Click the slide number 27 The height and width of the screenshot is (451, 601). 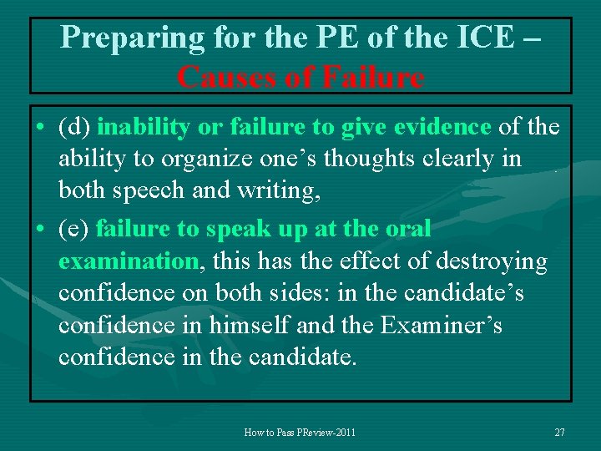tap(559, 433)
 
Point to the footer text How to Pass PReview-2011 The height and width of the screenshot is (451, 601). tap(300, 433)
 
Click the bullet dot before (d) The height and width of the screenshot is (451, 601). tap(40, 128)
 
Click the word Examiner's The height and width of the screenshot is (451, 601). tap(441, 325)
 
